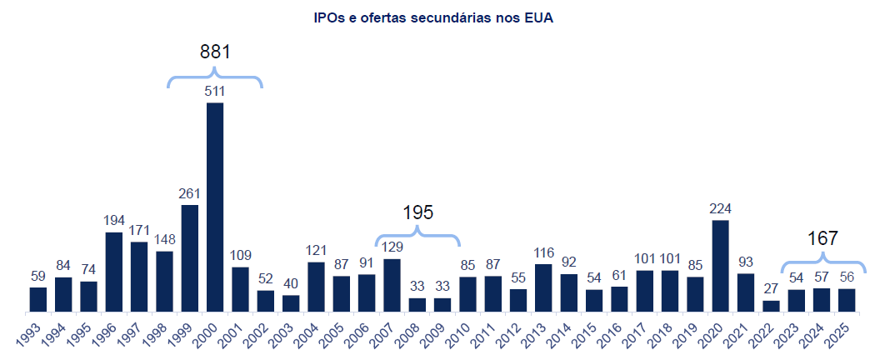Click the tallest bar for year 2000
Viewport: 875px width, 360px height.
tap(215, 207)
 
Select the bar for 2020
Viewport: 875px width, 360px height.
tap(721, 266)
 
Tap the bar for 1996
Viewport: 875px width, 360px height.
tap(114, 272)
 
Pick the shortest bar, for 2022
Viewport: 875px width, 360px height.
tap(771, 306)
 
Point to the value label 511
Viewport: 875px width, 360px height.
tap(215, 91)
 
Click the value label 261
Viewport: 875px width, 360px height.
tap(190, 193)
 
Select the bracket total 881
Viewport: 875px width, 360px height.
tap(215, 52)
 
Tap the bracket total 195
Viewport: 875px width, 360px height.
tap(417, 212)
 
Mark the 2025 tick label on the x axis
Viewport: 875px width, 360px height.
tap(842, 333)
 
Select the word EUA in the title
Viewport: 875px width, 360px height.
tap(538, 17)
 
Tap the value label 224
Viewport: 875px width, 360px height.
tap(721, 208)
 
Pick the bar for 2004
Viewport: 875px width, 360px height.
tap(316, 287)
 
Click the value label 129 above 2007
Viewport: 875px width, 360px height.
tap(392, 247)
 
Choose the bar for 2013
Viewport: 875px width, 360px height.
tap(544, 287)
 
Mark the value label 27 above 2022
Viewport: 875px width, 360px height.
tap(771, 289)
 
